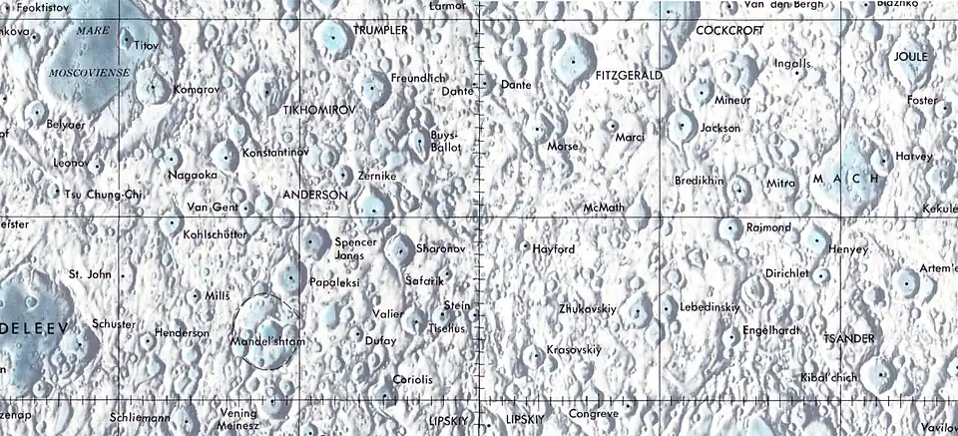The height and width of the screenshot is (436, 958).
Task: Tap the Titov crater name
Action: click(146, 46)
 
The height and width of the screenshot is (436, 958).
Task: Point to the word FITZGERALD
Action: click(628, 75)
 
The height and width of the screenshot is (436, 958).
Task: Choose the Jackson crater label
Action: click(720, 128)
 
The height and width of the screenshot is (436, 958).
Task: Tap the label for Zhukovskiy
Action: click(589, 308)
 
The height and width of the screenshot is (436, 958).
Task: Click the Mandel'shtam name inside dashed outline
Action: click(266, 341)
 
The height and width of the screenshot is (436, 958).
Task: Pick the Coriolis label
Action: click(413, 379)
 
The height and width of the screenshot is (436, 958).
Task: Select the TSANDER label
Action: click(848, 339)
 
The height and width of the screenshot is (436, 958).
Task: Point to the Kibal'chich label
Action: click(829, 377)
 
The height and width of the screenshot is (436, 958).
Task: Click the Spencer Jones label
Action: click(356, 249)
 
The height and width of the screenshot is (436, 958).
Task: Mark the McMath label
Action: click(604, 208)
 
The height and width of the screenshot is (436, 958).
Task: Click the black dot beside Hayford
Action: click(526, 244)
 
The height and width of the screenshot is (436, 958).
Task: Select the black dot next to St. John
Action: click(123, 274)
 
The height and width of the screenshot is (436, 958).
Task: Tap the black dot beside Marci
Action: click(613, 126)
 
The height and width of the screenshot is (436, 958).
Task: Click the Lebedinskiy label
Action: click(710, 308)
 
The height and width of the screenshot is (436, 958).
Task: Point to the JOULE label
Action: click(910, 57)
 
